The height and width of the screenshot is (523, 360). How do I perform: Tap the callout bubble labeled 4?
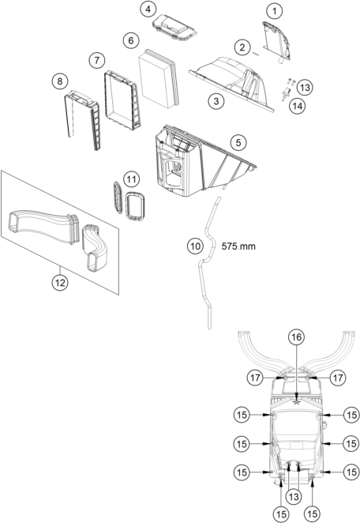click(x=148, y=9)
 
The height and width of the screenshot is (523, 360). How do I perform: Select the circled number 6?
click(x=131, y=40)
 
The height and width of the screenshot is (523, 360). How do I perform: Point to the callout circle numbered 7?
click(x=96, y=60)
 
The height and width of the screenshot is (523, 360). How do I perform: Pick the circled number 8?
click(x=58, y=81)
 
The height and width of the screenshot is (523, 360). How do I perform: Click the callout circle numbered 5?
click(x=237, y=143)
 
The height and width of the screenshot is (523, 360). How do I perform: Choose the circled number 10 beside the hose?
click(x=195, y=246)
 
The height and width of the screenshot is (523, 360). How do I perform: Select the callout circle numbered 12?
click(x=60, y=280)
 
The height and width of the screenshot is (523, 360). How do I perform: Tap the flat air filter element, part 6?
click(x=159, y=79)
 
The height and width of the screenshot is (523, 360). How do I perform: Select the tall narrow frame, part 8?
click(x=83, y=119)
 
